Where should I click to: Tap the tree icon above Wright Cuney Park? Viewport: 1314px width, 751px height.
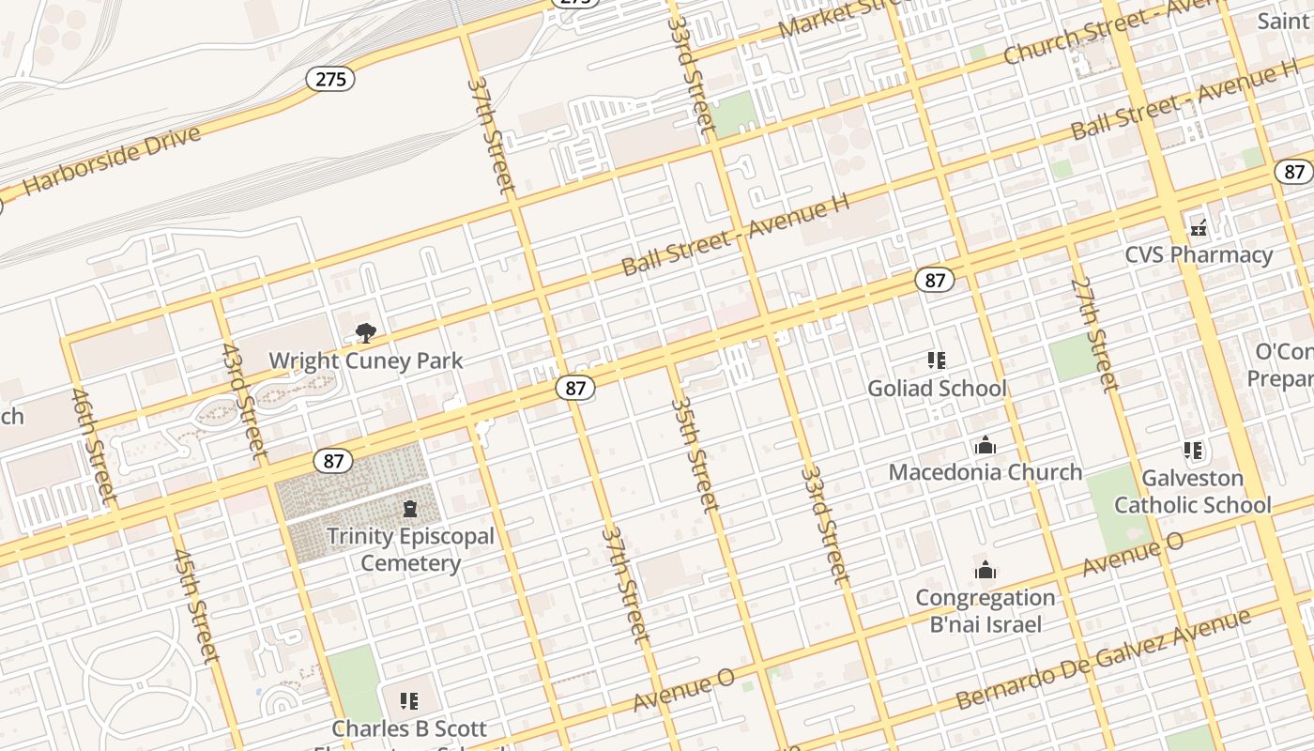[x=366, y=332]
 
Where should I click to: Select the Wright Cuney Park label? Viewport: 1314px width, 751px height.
[x=366, y=360]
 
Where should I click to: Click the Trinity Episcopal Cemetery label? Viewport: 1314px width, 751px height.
[x=410, y=550]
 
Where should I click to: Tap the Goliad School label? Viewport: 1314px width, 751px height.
[x=937, y=388]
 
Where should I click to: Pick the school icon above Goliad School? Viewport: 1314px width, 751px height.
[x=936, y=360]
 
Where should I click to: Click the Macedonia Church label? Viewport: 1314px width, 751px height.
[x=985, y=471]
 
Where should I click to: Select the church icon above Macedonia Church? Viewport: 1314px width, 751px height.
[x=985, y=445]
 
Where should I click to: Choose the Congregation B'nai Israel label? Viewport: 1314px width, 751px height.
[x=985, y=610]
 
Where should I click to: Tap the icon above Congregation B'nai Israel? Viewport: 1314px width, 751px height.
[x=985, y=570]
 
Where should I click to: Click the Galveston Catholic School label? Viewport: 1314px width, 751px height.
[x=1192, y=491]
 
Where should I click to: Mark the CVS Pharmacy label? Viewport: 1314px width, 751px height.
[x=1199, y=254]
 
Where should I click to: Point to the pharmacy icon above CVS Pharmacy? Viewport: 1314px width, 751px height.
[x=1199, y=226]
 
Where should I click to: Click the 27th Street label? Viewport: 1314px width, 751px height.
[x=1094, y=333]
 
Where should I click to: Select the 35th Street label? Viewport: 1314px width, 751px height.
[x=695, y=454]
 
